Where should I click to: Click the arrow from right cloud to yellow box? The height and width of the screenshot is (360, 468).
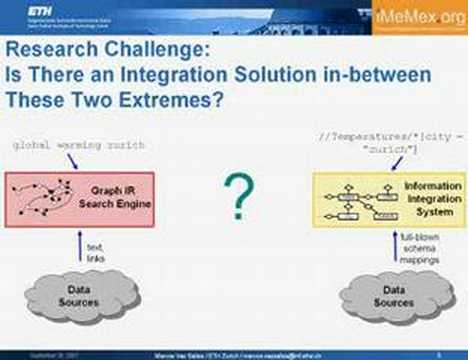[393, 248]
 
